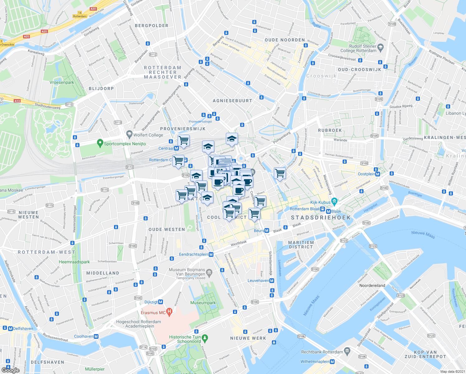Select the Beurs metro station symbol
267,231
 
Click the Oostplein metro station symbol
378,174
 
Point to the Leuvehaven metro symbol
272,280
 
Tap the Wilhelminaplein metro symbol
332,362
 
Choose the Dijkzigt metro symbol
161,302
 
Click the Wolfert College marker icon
129,134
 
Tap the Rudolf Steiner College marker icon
380,48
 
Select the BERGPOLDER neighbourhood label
151,26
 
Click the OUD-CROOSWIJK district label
359,70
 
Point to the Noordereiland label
372,285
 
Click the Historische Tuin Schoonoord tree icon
205,338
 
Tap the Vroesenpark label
62,83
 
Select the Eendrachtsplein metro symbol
211,254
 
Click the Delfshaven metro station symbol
11,328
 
